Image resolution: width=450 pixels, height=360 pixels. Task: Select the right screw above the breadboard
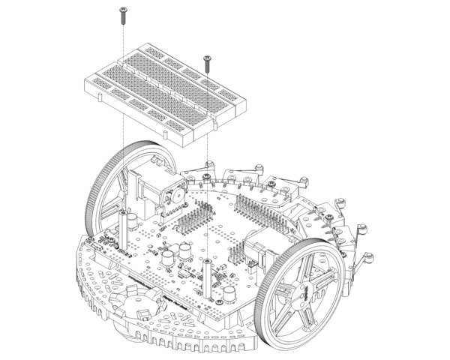206,59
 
